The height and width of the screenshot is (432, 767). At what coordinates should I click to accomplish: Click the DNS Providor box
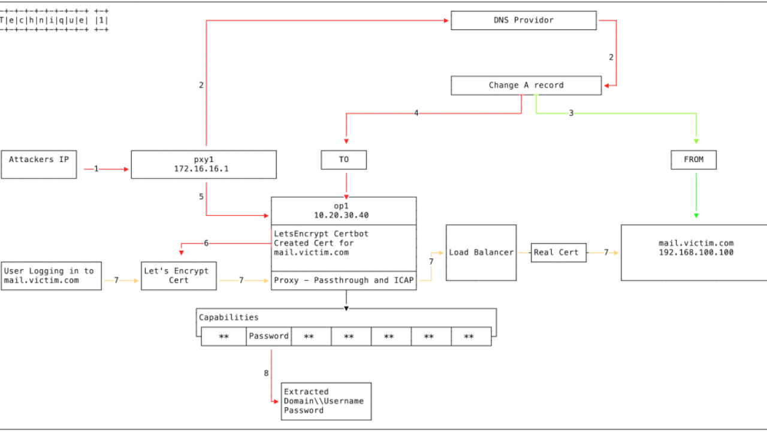point(524,20)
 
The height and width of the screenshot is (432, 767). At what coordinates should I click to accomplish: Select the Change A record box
point(526,85)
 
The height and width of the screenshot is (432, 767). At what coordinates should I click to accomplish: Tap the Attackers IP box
point(39,164)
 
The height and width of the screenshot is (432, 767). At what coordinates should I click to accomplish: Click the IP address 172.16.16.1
point(201,169)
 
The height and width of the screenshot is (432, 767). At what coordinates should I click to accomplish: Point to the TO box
point(344,160)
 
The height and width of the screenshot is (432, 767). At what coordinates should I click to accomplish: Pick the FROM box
point(694,160)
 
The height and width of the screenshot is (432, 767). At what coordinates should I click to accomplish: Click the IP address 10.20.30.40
point(342,215)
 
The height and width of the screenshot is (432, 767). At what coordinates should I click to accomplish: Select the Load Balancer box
point(481,253)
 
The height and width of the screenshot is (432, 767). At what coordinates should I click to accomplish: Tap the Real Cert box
point(558,253)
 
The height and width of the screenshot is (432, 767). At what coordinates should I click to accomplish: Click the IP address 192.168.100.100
point(696,253)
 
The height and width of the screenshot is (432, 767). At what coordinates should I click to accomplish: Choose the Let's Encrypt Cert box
point(179,276)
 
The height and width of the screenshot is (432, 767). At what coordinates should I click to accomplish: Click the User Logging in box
point(52,276)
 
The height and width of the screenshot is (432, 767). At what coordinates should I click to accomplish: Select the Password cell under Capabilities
point(269,337)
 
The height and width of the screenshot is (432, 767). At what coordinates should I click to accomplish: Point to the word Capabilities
point(229,317)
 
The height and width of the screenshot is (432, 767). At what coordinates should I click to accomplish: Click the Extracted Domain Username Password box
point(327,401)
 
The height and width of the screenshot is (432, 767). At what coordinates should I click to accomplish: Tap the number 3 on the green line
point(571,113)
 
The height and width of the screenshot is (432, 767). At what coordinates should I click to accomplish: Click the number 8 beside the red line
point(266,373)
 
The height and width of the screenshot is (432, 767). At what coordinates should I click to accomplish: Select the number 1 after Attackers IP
point(96,169)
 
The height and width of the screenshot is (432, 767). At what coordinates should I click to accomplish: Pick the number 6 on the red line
point(206,243)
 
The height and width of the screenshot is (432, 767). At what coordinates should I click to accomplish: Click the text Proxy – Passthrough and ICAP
point(344,280)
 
